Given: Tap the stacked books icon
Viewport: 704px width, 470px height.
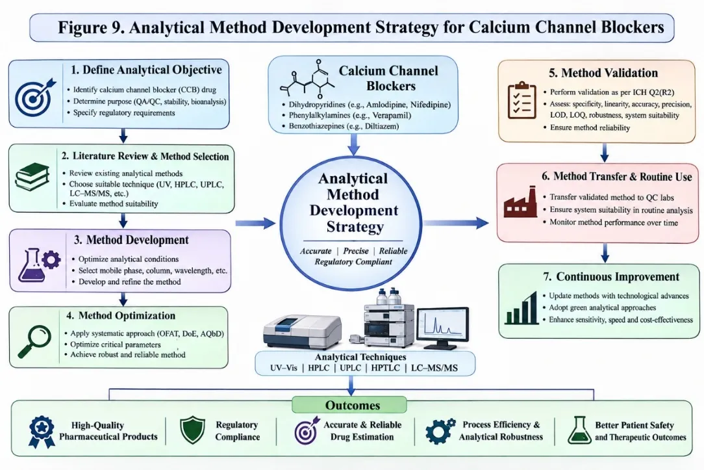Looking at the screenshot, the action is pyautogui.click(x=32, y=177).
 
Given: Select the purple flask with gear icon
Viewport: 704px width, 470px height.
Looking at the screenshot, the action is pyautogui.click(x=39, y=265).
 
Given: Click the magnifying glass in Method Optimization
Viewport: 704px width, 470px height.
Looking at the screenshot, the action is pyautogui.click(x=34, y=341).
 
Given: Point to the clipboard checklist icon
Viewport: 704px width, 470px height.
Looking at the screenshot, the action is pyautogui.click(x=522, y=100).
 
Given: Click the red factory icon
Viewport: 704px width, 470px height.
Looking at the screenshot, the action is pyautogui.click(x=520, y=202).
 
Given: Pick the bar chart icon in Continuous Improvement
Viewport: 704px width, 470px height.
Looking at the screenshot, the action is pyautogui.click(x=522, y=307).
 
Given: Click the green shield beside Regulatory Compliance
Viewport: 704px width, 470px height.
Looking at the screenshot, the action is pyautogui.click(x=192, y=430).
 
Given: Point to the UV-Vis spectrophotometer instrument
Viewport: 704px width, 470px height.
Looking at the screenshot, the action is pyautogui.click(x=302, y=332).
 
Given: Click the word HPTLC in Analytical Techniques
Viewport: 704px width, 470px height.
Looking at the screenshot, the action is pyautogui.click(x=385, y=368).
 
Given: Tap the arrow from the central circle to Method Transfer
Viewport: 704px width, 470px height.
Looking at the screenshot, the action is pyautogui.click(x=456, y=222).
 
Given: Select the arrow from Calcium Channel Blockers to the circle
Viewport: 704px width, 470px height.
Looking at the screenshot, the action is pyautogui.click(x=354, y=144).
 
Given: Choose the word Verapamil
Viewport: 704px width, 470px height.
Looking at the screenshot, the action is pyautogui.click(x=392, y=116).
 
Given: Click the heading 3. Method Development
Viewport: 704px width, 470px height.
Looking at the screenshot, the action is pyautogui.click(x=131, y=240).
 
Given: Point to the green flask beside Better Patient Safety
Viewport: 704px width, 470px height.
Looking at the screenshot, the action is pyautogui.click(x=580, y=430).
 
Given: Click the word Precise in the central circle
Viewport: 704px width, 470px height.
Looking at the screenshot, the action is pyautogui.click(x=356, y=251).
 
